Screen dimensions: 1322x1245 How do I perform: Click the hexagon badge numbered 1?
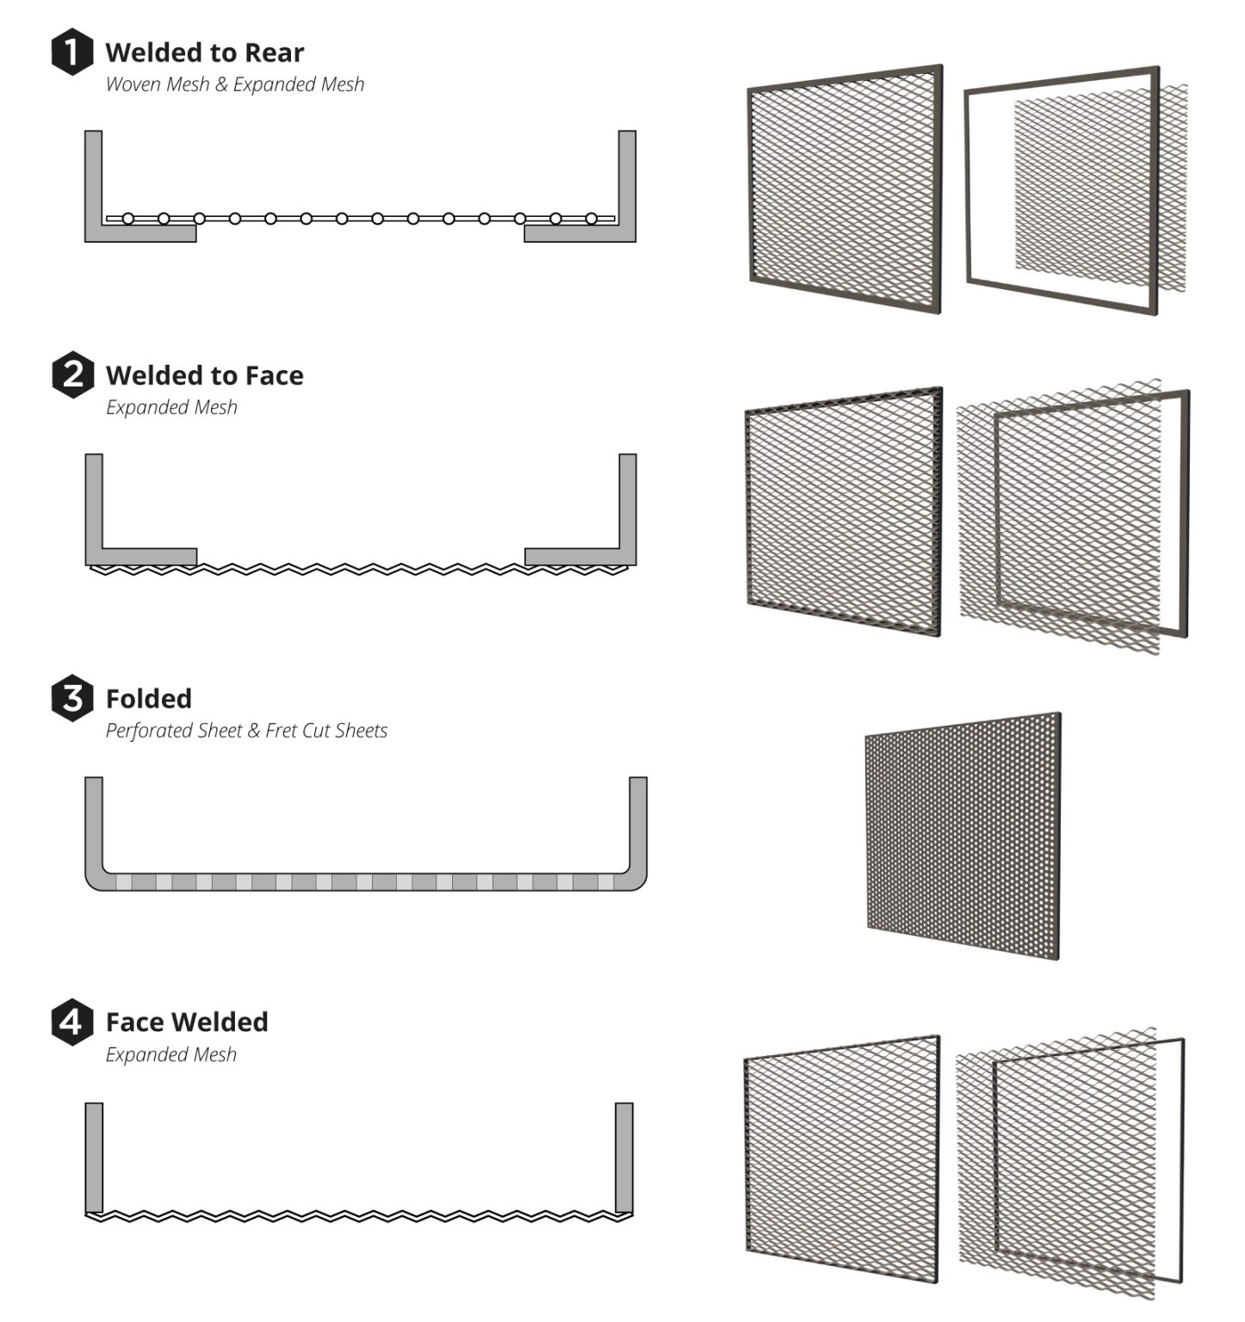(71, 52)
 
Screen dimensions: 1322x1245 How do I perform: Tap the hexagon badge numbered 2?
(72, 374)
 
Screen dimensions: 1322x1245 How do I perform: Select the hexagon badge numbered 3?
(72, 697)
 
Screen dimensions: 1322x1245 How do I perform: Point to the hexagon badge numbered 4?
(72, 1021)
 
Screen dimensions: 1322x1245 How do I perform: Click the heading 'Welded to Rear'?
(204, 53)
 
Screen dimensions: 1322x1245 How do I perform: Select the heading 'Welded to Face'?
(204, 375)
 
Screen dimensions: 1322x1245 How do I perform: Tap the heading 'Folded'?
(148, 698)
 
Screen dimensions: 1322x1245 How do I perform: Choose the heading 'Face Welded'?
(187, 1022)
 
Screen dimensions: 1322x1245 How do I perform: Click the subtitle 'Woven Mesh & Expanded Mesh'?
(234, 84)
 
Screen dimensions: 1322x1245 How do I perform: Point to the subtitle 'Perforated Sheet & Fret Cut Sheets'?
(246, 731)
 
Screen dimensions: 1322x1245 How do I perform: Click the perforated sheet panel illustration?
(963, 835)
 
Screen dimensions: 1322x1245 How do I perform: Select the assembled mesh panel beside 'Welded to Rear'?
(845, 188)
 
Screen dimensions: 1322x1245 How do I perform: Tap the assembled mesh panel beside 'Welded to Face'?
(844, 511)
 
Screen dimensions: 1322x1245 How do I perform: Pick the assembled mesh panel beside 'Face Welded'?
(842, 1158)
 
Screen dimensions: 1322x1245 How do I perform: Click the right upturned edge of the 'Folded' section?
(638, 826)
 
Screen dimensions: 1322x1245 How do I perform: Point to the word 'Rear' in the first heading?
(274, 53)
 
